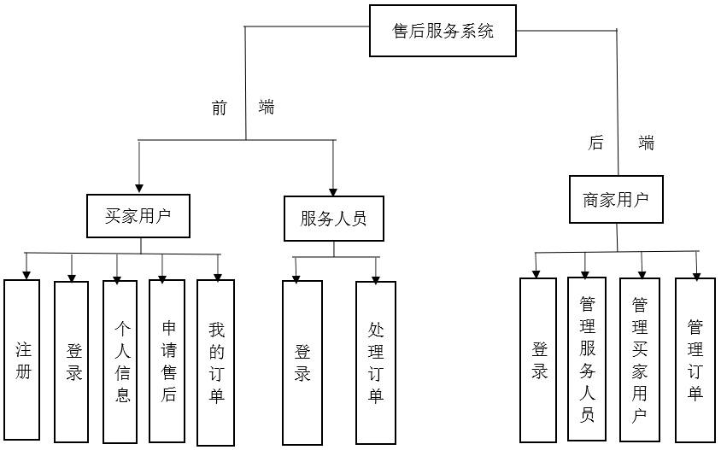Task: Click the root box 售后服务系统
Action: click(443, 32)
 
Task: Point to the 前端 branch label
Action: click(243, 108)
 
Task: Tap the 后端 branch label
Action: click(621, 143)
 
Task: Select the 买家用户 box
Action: click(138, 216)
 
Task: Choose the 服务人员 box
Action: click(333, 218)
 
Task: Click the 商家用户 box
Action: click(616, 200)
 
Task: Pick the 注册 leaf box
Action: click(22, 359)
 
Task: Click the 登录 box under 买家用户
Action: click(72, 361)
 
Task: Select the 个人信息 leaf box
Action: click(120, 360)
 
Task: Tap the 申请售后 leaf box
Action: click(167, 360)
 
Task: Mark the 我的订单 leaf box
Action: click(216, 362)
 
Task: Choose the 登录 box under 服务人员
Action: click(302, 361)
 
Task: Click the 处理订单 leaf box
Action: click(376, 362)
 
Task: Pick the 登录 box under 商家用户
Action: click(538, 359)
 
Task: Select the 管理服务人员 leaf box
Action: click(587, 359)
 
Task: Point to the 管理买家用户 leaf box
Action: click(639, 360)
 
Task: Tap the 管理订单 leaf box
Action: click(695, 359)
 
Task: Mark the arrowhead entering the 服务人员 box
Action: click(333, 190)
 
